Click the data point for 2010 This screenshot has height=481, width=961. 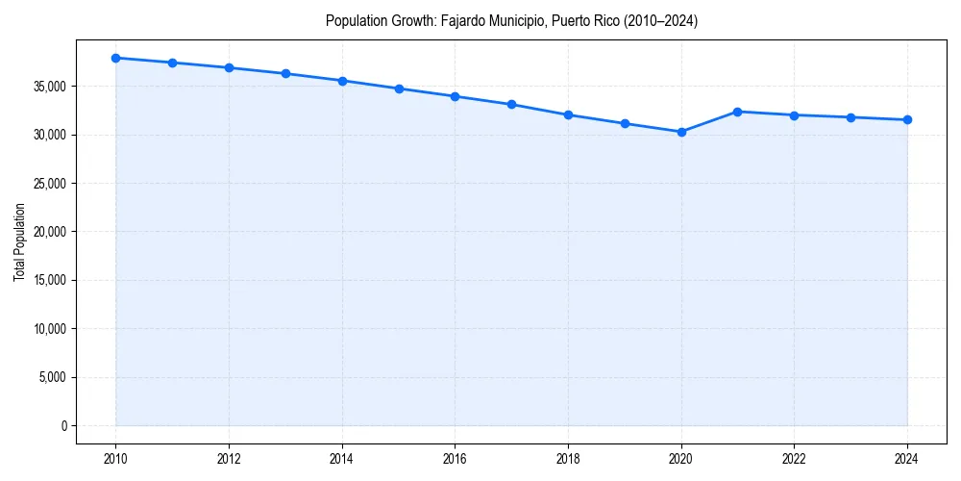[115, 58]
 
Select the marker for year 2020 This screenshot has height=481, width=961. [681, 132]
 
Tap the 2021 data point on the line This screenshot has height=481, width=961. [738, 112]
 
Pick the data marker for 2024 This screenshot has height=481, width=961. [907, 119]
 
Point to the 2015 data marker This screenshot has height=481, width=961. [399, 89]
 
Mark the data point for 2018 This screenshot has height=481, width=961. [568, 114]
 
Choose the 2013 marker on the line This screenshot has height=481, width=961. [285, 73]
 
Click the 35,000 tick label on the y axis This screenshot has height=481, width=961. [47, 87]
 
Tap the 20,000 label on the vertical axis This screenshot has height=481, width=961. [47, 232]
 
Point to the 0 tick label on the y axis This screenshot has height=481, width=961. [62, 425]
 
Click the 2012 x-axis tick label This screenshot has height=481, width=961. [229, 460]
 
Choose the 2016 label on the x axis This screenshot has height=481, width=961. [455, 460]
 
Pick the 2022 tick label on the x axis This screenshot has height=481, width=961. [794, 460]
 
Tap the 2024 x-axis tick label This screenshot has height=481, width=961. [907, 460]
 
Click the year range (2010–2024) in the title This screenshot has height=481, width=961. [658, 20]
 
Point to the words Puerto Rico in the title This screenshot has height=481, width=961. [575, 20]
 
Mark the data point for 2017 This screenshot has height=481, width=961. [511, 104]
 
